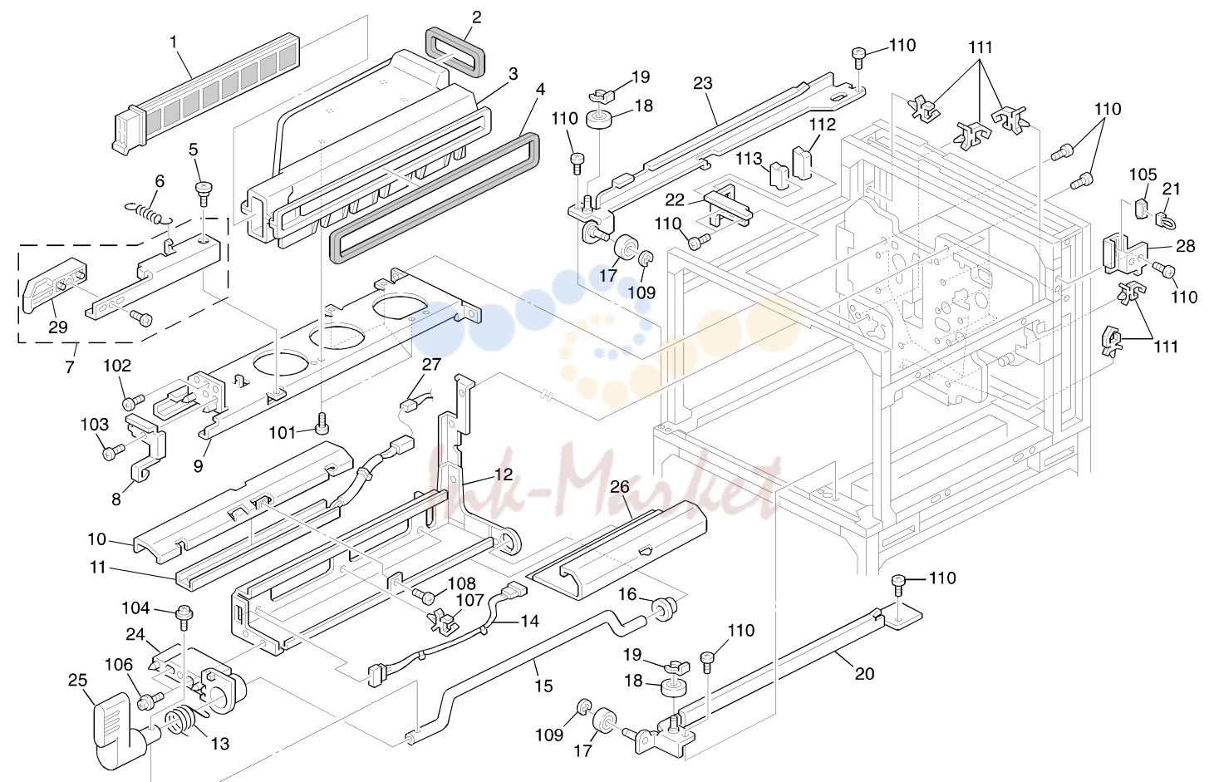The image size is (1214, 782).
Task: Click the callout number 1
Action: point(174,42)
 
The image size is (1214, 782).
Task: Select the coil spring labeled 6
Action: point(149,211)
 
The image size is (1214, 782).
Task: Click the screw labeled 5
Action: point(204,193)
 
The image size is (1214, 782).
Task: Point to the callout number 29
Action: point(58,327)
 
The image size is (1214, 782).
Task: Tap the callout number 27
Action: point(432,364)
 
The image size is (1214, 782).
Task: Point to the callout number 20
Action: point(864,674)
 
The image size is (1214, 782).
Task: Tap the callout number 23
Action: point(703,83)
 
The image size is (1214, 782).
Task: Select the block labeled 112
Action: point(802,162)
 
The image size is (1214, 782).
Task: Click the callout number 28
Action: point(1186,246)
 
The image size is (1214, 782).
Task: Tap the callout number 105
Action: point(1143,175)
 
